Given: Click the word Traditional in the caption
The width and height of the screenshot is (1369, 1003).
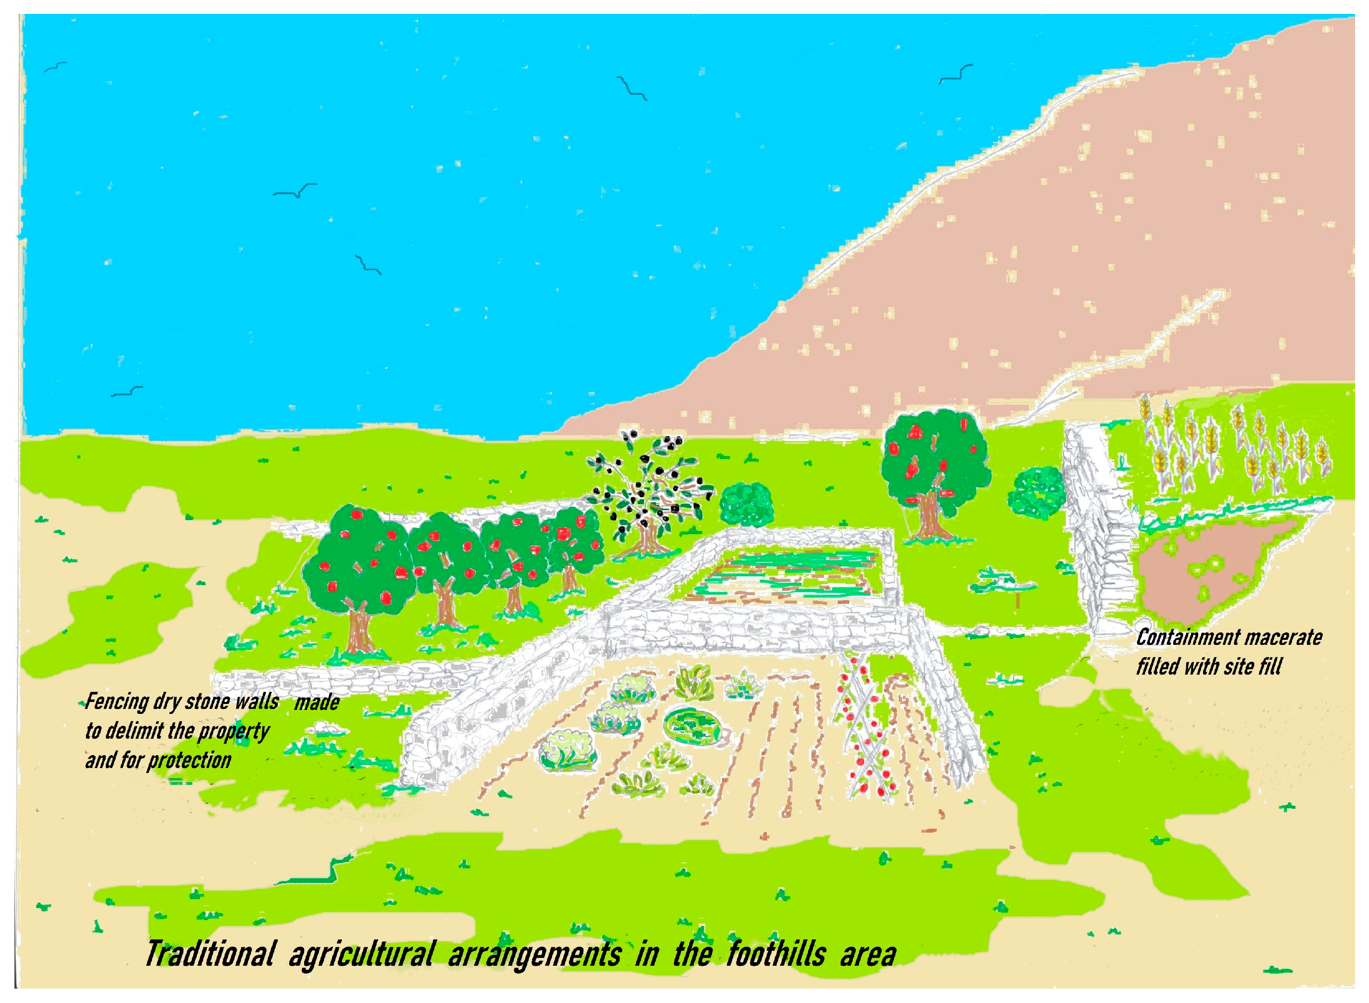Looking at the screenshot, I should pyautogui.click(x=210, y=954).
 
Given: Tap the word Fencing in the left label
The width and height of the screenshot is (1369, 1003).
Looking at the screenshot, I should pyautogui.click(x=117, y=702).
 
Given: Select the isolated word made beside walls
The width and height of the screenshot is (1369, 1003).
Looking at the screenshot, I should pyautogui.click(x=317, y=703).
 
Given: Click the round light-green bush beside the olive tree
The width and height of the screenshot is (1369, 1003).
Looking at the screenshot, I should pyautogui.click(x=746, y=503).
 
